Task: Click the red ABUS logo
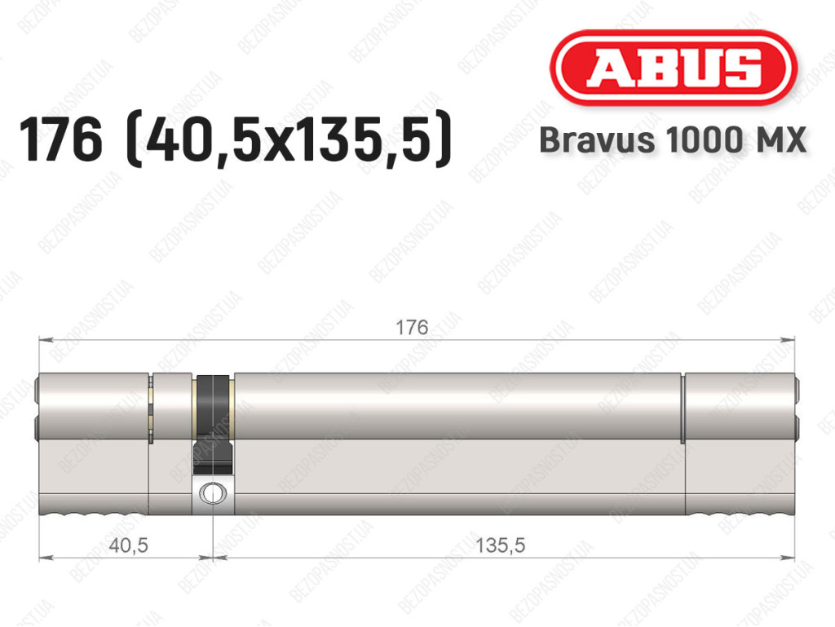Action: click(x=674, y=68)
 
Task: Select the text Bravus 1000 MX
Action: click(x=673, y=140)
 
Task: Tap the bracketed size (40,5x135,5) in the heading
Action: click(x=288, y=140)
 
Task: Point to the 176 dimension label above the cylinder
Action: click(x=412, y=327)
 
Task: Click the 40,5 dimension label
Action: click(x=128, y=545)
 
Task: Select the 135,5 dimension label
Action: click(x=500, y=545)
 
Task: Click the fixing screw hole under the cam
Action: click(x=213, y=493)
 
